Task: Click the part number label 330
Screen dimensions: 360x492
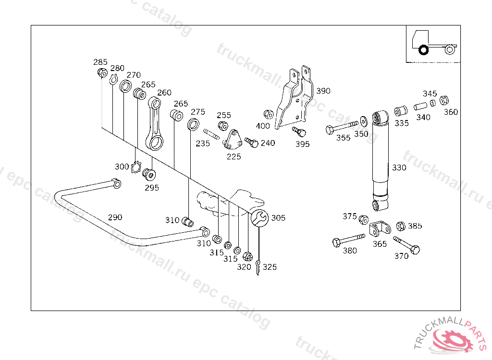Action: (x=399, y=168)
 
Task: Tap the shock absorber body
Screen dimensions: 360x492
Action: (x=381, y=158)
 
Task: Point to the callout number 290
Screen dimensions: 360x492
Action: (x=115, y=217)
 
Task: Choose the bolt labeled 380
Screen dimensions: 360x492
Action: (x=348, y=240)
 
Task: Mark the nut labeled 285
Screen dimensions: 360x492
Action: (x=102, y=73)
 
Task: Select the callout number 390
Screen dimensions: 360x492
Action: (x=323, y=91)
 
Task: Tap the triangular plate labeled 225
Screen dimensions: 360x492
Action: (x=233, y=140)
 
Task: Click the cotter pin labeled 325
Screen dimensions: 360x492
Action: (x=259, y=267)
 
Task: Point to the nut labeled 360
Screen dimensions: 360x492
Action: (x=444, y=101)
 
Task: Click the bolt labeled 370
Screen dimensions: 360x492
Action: (x=407, y=244)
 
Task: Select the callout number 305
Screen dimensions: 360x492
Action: (x=278, y=218)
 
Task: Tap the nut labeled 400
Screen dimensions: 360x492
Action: (x=268, y=115)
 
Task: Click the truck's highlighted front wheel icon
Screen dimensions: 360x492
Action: (x=423, y=50)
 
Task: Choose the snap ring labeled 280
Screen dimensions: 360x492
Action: (x=113, y=79)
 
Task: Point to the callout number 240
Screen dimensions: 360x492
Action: (x=268, y=143)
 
